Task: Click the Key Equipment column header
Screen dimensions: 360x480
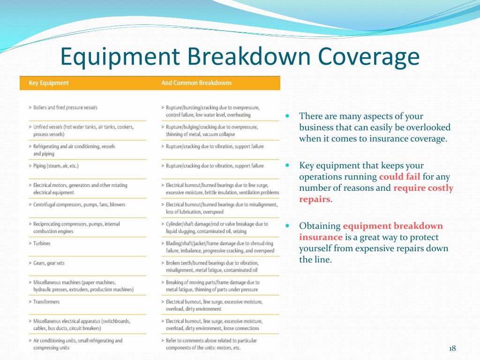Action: point(49,83)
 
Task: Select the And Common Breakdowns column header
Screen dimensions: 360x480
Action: point(196,83)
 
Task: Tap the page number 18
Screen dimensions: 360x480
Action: point(452,348)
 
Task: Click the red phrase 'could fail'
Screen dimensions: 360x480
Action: point(399,177)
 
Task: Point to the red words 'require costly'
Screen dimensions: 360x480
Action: point(423,188)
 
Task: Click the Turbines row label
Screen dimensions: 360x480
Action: point(42,243)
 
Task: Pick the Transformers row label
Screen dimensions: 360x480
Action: point(46,302)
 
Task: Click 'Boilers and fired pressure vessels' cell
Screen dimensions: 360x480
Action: point(65,107)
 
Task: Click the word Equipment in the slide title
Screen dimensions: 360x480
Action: point(120,57)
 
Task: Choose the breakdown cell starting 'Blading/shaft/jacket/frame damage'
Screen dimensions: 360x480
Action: point(220,247)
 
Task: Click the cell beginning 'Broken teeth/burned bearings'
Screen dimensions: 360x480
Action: point(212,267)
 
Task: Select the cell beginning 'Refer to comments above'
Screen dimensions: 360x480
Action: point(211,344)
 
